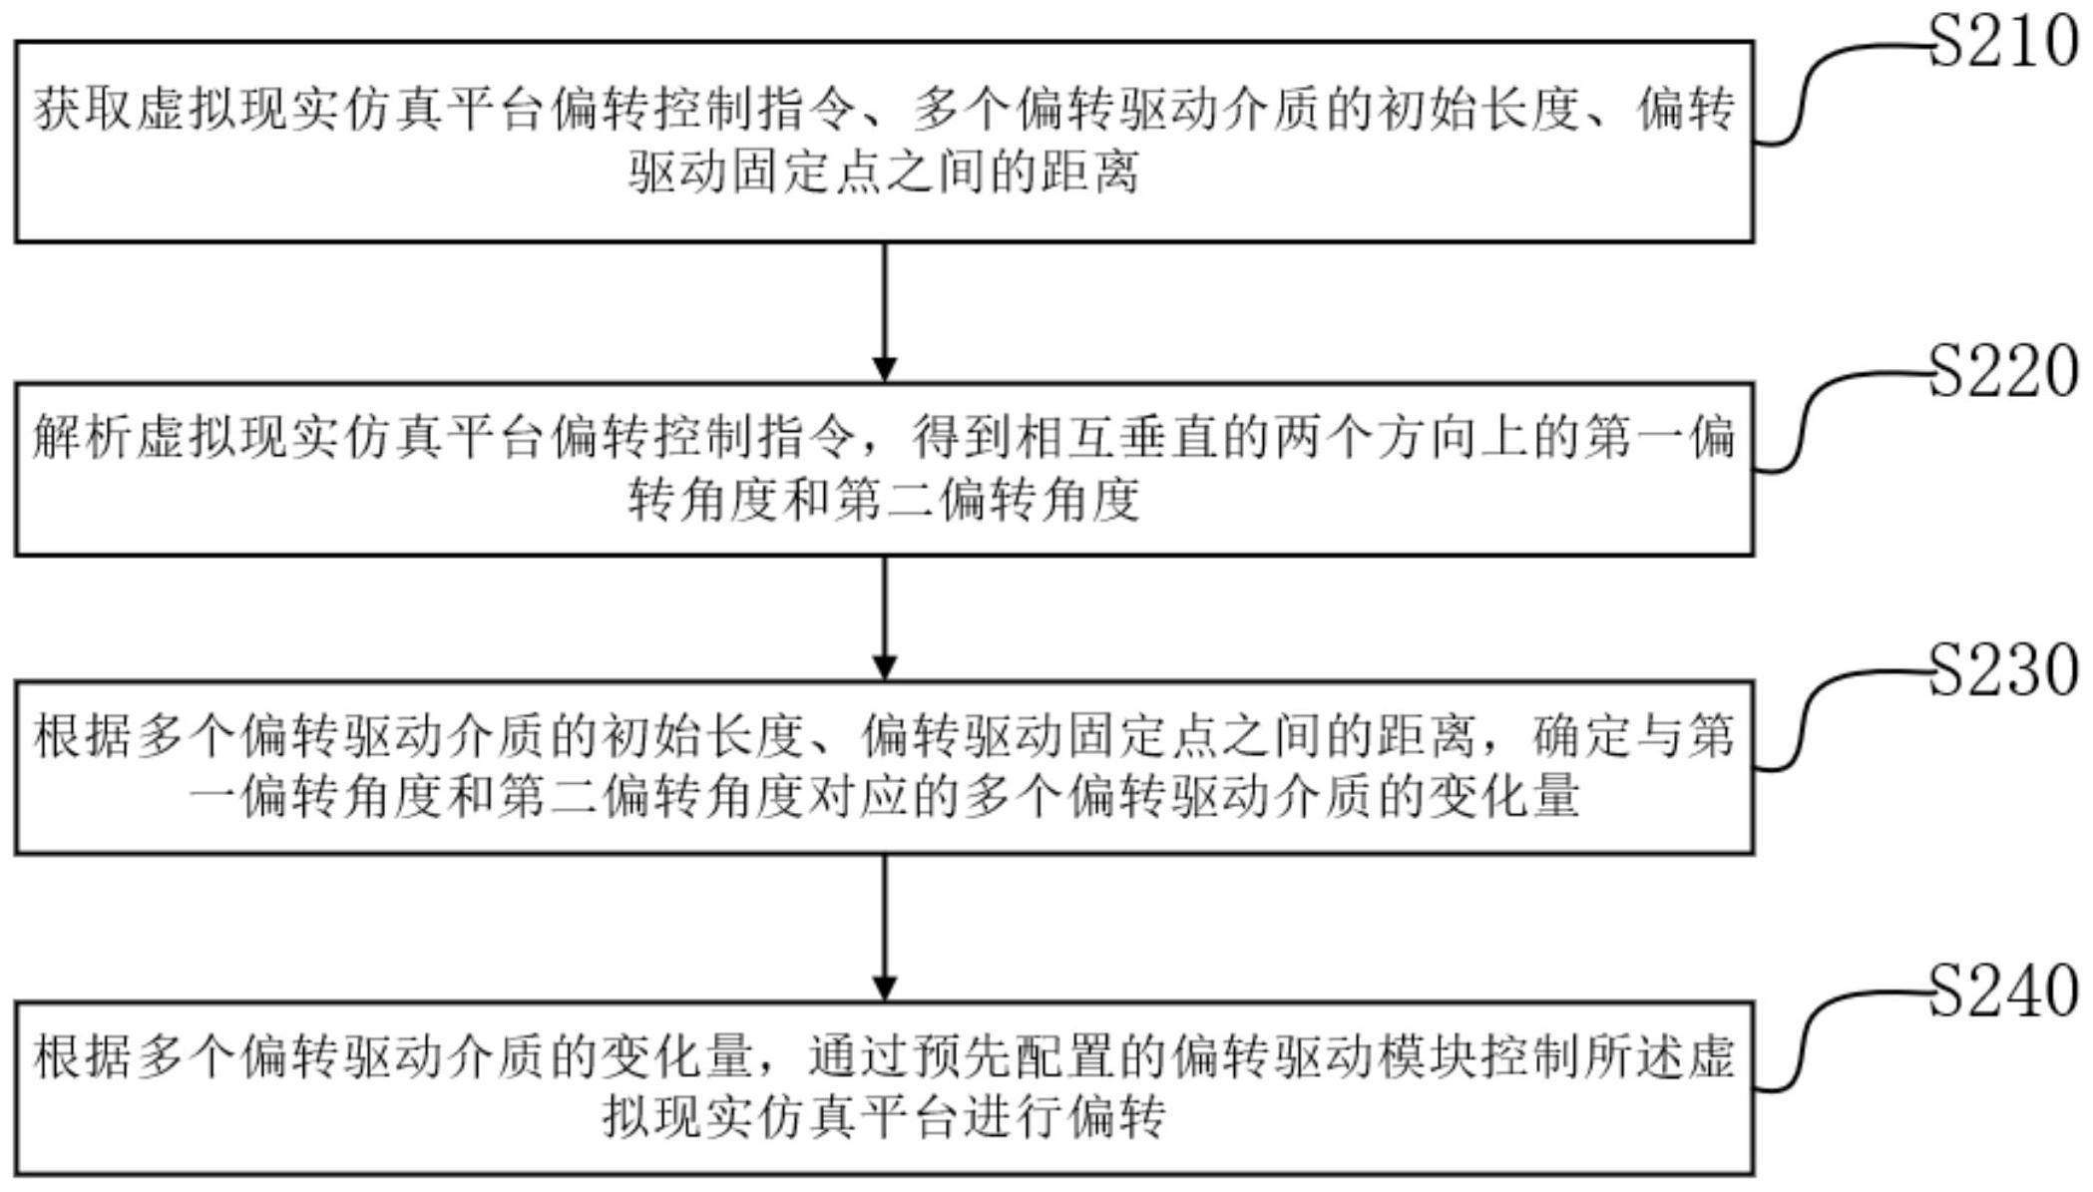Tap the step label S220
point(2003,371)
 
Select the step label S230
point(2003,669)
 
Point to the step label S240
point(2003,991)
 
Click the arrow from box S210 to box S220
point(884,311)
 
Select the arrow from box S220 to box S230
point(884,617)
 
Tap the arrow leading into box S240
point(884,928)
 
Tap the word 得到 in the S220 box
point(963,436)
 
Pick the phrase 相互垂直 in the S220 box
point(1118,436)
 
